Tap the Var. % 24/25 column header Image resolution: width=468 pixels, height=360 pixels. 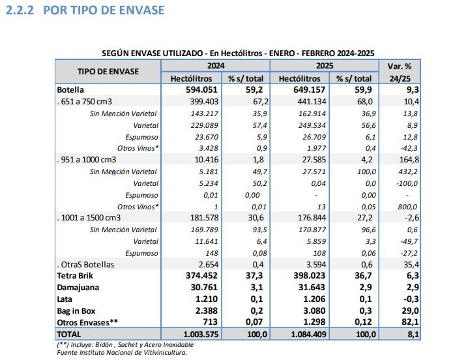pyautogui.click(x=400, y=71)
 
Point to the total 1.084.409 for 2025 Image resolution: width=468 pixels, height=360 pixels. pyautogui.click(x=299, y=334)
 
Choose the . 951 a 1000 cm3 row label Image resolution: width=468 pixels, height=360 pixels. pyautogui.click(x=87, y=160)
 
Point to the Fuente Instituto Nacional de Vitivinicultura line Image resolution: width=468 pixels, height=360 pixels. pyautogui.click(x=121, y=352)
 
